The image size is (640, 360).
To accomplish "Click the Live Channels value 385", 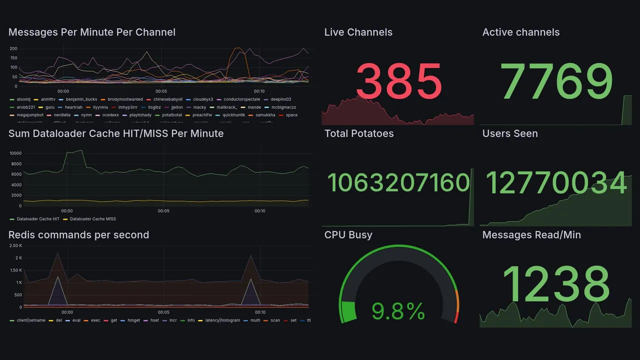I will (x=398, y=81).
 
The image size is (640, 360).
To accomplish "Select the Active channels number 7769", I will (x=556, y=81).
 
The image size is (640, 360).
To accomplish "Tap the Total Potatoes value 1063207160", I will (x=398, y=182).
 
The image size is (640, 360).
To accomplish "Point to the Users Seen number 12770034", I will (x=556, y=182).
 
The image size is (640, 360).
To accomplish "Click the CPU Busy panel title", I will (x=348, y=235).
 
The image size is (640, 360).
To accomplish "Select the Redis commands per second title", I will (x=78, y=235).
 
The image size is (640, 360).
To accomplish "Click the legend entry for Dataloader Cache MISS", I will (x=92, y=219).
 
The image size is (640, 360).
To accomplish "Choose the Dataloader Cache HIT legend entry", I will (x=37, y=219).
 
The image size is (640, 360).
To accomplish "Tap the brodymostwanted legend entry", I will (x=125, y=99).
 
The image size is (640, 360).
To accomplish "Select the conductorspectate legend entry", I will (x=241, y=99).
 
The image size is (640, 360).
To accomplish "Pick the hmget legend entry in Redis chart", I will (x=133, y=320).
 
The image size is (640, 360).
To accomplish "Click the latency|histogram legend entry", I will (x=222, y=320).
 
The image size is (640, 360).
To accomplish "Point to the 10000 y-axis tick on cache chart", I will (x=15, y=153).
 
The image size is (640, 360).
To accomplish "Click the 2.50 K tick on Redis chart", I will (x=15, y=245).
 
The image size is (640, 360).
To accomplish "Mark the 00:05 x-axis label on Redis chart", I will (x=163, y=313).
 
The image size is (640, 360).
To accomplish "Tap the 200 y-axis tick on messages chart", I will (x=13, y=48).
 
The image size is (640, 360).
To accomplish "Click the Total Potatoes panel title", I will (x=358, y=133).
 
